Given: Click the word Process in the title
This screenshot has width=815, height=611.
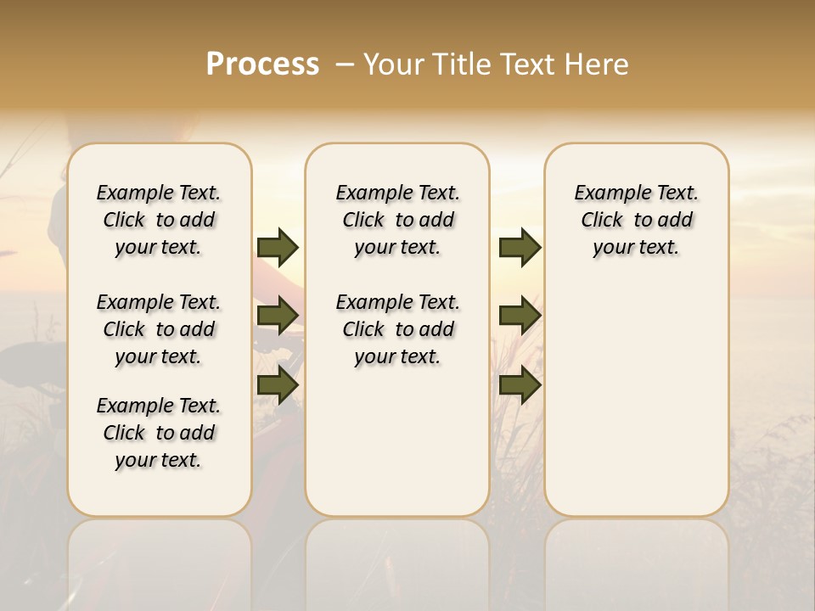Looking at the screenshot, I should click(262, 64).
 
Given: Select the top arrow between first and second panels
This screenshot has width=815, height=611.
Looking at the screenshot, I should click(278, 248).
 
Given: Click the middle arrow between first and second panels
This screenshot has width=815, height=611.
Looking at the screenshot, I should click(278, 316).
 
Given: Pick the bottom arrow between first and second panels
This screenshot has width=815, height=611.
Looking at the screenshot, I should click(278, 384).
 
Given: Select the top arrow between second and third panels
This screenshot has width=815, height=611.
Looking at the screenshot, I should click(520, 248).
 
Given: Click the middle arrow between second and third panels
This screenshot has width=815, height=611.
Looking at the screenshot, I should click(520, 316).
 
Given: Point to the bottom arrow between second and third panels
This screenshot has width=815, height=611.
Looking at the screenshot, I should click(520, 384).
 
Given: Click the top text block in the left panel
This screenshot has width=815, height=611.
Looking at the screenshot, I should click(159, 220).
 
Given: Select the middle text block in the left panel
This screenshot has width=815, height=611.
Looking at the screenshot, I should click(159, 329).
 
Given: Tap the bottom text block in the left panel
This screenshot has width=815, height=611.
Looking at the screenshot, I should click(159, 433).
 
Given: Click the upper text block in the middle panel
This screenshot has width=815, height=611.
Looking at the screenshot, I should click(397, 220).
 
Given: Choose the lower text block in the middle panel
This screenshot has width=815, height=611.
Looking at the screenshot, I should click(397, 329).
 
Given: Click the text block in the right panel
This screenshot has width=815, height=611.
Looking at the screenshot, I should click(636, 220).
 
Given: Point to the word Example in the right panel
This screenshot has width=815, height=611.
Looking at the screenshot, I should click(604, 193).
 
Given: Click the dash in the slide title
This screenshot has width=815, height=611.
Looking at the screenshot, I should click(343, 64).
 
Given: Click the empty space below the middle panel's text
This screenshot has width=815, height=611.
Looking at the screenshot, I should click(397, 441).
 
